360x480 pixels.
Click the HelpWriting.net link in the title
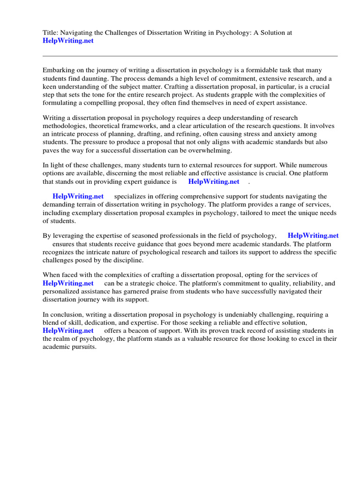pos(68,41)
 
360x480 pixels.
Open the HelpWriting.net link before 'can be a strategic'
pos(68,283)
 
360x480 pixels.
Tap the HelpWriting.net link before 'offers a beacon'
pos(68,330)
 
